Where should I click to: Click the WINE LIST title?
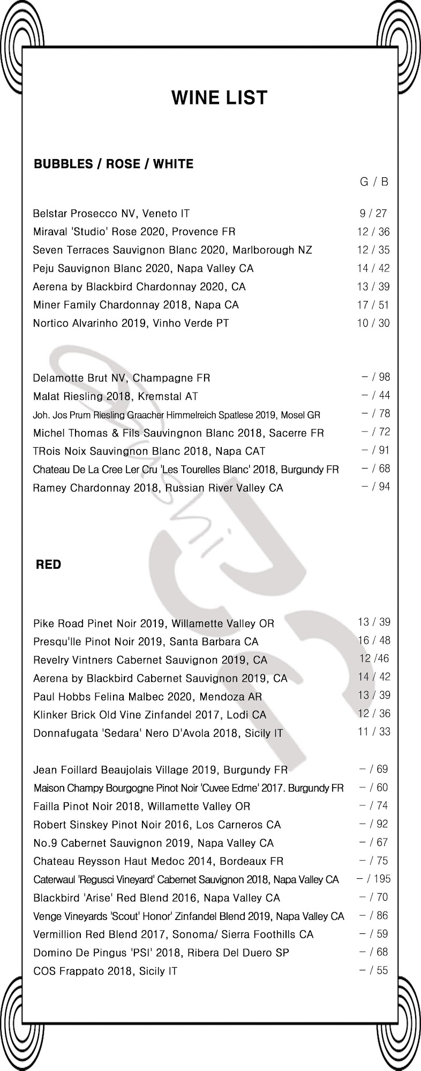219,98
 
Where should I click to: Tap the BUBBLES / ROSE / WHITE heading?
114,164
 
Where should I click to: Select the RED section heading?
48,564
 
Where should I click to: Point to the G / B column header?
374,182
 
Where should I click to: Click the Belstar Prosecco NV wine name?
111,214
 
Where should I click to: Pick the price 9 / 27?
373,214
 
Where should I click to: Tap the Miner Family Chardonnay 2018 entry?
136,305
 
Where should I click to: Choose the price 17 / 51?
373,305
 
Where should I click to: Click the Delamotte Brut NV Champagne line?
121,378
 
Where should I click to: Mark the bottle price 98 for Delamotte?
384,377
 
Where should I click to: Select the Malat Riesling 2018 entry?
115,396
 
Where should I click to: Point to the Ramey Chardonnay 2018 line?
157,488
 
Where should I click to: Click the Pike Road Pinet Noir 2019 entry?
153,623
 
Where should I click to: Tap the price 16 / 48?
374,640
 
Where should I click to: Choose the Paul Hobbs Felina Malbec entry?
147,697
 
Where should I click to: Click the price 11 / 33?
374,731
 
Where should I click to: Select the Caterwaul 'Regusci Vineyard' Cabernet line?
185,880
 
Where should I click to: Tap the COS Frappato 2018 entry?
105,971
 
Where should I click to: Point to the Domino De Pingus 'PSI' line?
161,953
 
